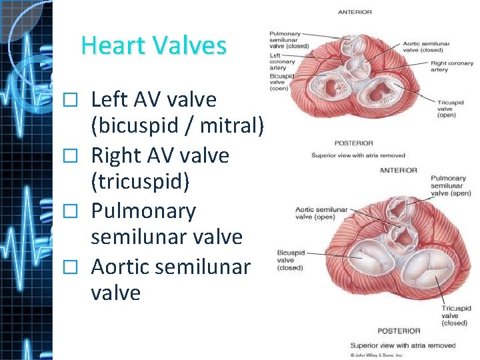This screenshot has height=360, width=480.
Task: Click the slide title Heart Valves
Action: coord(153,46)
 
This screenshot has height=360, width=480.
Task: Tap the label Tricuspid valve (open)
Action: coord(450,109)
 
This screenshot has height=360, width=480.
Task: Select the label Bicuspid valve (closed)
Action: coord(290,261)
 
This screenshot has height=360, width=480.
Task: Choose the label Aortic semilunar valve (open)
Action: coord(321,213)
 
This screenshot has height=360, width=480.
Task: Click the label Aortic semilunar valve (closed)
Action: coord(426,47)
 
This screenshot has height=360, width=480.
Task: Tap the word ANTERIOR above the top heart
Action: coord(355,12)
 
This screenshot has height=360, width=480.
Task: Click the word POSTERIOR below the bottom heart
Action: coord(399,331)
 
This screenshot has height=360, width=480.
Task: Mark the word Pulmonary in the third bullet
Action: coord(143,211)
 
